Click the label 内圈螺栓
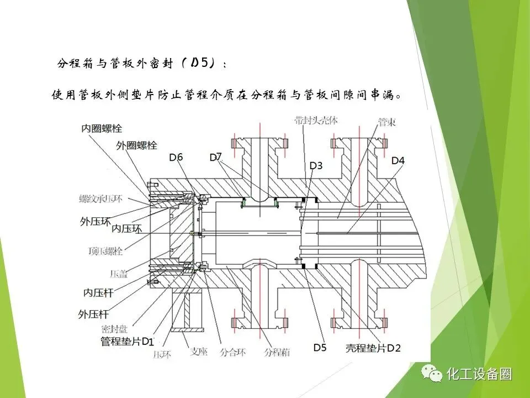101,128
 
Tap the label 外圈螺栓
136,145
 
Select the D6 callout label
176,158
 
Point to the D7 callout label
215,158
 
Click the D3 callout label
316,165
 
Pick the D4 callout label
398,161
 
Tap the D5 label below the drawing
320,348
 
